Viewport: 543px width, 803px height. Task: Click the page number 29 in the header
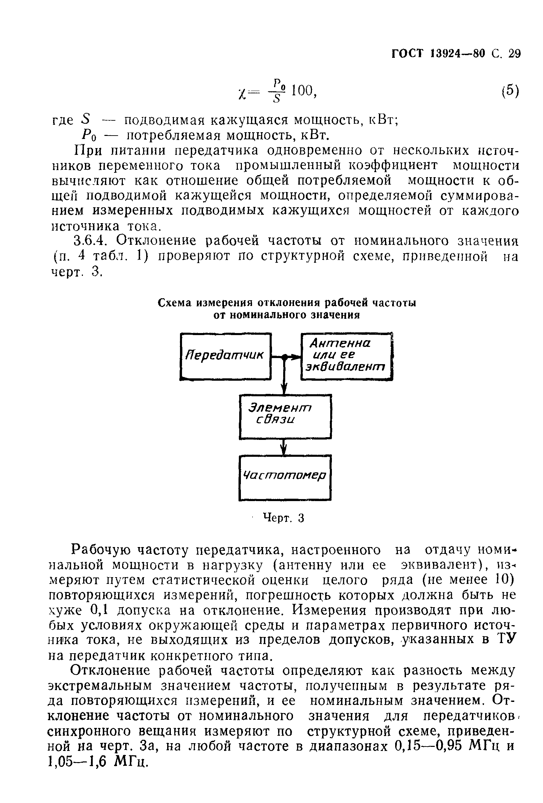click(x=514, y=54)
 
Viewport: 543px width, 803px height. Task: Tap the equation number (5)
click(x=510, y=91)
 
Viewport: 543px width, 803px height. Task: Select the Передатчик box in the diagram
click(x=225, y=356)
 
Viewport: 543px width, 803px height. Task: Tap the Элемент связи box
click(x=285, y=417)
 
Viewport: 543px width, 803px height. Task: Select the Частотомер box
click(x=285, y=477)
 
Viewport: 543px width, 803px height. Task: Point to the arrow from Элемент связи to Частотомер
click(x=284, y=447)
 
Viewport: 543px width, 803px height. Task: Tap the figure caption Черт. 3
click(x=283, y=518)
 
